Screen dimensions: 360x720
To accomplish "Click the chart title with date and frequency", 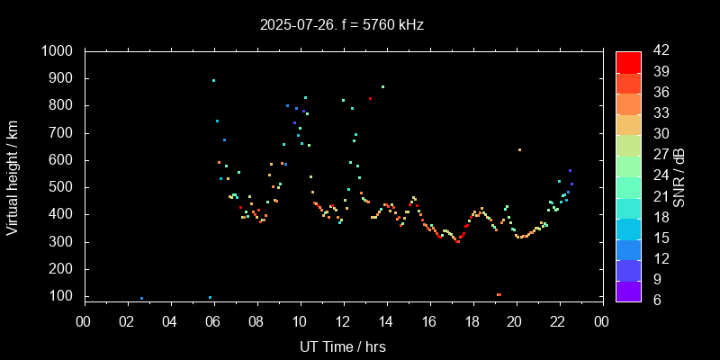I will [360, 25].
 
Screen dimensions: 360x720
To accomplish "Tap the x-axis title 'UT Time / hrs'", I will [343, 346].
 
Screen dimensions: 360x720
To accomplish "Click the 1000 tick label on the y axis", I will [59, 51].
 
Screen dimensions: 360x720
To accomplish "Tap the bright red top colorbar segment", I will [628, 61].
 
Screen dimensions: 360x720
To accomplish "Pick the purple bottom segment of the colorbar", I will [628, 291].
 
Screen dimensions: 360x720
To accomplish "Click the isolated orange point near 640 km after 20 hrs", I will [519, 149].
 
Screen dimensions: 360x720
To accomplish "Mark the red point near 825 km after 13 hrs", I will [370, 98].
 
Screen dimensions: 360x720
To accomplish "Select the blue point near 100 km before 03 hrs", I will [141, 298].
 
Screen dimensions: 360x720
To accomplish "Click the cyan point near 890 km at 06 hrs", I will [213, 80].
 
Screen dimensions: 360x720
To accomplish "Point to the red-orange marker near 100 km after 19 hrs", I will [499, 294].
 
